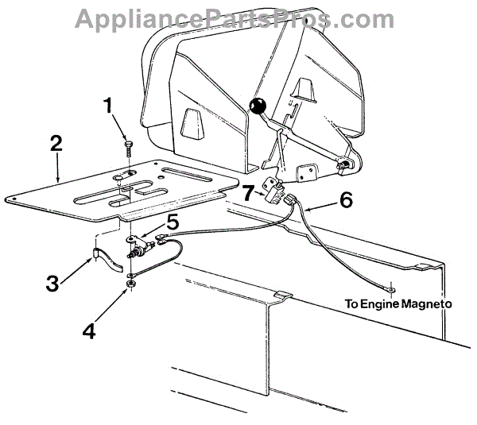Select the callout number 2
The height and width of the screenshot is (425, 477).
click(56, 144)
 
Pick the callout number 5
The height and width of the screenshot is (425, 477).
click(173, 222)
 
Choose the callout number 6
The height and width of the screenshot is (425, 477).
click(345, 199)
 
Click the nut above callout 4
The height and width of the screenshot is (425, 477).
click(130, 283)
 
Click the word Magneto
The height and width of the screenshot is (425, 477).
click(425, 303)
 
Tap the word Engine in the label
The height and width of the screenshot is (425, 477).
click(378, 303)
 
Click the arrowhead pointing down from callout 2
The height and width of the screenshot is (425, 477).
click(57, 180)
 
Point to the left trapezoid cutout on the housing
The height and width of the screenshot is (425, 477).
click(188, 122)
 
